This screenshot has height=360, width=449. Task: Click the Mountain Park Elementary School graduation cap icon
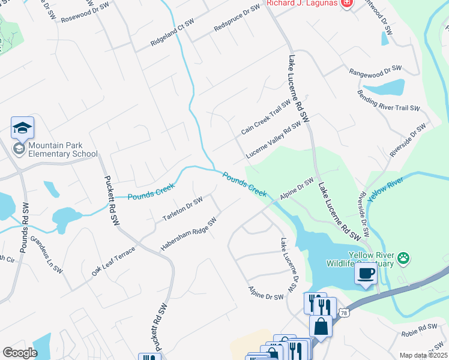(22, 128)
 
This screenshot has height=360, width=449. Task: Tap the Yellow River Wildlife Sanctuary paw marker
(405, 259)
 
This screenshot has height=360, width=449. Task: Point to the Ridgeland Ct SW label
(173, 32)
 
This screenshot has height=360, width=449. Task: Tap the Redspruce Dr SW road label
(238, 19)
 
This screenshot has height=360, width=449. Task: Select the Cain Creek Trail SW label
(266, 117)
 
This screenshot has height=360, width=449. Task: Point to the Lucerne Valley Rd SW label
(273, 140)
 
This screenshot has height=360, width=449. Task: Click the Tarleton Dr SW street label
(182, 209)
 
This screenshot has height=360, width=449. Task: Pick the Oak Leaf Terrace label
(113, 259)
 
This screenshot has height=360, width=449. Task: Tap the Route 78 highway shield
(343, 313)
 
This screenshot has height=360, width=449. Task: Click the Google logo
(20, 352)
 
